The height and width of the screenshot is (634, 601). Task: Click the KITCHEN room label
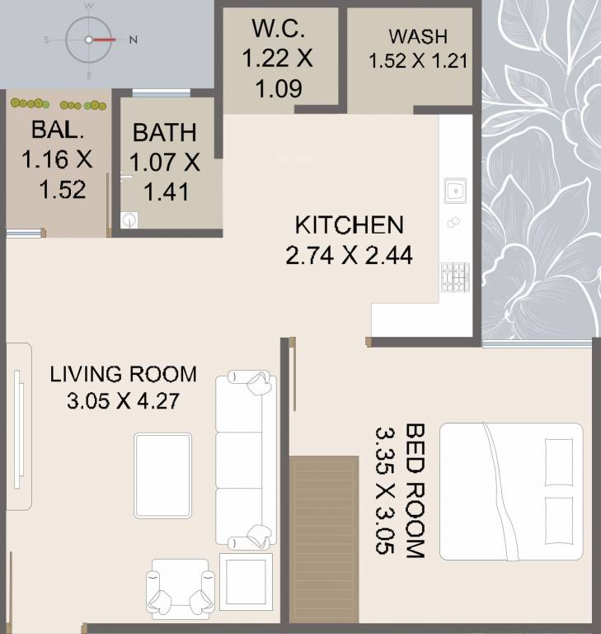tap(349, 225)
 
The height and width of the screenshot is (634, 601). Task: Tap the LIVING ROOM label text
tap(123, 374)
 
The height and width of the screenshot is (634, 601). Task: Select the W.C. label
tap(279, 28)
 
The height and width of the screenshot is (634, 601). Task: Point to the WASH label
tap(418, 36)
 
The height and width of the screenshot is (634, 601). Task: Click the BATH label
tap(165, 133)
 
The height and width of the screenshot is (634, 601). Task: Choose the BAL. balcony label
tap(58, 130)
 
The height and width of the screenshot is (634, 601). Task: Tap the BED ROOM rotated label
tap(415, 490)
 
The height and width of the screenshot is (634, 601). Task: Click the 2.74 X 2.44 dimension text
tap(349, 256)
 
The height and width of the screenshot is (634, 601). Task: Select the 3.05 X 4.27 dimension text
tap(123, 401)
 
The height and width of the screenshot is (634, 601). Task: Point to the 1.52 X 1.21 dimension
tap(418, 60)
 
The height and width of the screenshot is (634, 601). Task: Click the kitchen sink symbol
tap(456, 190)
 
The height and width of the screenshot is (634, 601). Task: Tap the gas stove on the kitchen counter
tap(455, 277)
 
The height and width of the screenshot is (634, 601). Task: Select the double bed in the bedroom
tap(511, 492)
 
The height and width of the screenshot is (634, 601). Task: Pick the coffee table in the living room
tap(162, 475)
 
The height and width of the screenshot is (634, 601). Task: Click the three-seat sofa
tap(246, 460)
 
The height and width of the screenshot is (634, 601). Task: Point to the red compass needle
tap(104, 40)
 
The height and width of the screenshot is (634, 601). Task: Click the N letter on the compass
tap(134, 40)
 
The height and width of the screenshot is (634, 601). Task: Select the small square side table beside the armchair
tap(246, 582)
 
